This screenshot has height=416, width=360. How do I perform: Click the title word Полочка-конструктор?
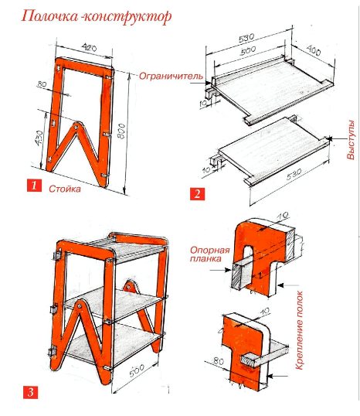pyautogui.click(x=97, y=16)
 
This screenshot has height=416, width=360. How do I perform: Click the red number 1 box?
pyautogui.click(x=34, y=185)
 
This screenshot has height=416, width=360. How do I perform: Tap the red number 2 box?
pyautogui.click(x=197, y=194)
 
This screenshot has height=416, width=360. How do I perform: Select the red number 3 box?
pyautogui.click(x=30, y=392)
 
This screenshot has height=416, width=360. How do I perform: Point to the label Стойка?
pyautogui.click(x=65, y=189)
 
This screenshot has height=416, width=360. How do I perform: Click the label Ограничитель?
pyautogui.click(x=171, y=77)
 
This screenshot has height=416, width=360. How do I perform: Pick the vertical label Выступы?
pyautogui.click(x=351, y=140)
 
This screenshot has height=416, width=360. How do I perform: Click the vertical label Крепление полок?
pyautogui.click(x=299, y=330)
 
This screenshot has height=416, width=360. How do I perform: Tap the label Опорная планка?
pyautogui.click(x=209, y=254)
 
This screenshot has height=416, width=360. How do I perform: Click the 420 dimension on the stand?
pyautogui.click(x=90, y=48)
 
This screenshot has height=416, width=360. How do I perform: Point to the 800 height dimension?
pyautogui.click(x=121, y=131)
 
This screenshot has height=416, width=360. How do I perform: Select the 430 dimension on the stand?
pyautogui.click(x=39, y=138)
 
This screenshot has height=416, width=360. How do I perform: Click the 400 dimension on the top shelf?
pyautogui.click(x=314, y=50)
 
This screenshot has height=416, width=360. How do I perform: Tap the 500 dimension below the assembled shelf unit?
pyautogui.click(x=137, y=370)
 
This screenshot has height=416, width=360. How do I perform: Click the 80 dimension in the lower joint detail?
pyautogui.click(x=219, y=361)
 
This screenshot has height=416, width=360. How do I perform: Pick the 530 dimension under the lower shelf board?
pyautogui.click(x=294, y=174)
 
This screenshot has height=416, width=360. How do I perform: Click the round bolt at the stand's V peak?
pyautogui.click(x=76, y=127)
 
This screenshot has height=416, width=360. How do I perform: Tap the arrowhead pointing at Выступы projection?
pyautogui.click(x=329, y=138)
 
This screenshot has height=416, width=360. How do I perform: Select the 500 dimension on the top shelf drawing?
pyautogui.click(x=248, y=51)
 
